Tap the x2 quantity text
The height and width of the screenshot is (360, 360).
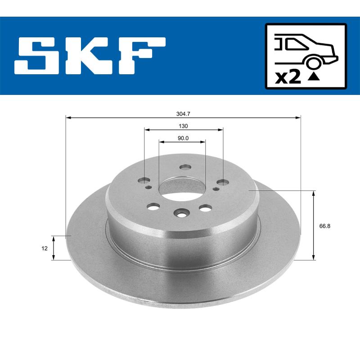pyautogui.click(x=288, y=77)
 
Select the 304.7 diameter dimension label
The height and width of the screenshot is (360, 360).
pyautogui.click(x=183, y=114)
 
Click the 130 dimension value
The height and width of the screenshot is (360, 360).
pyautogui.click(x=183, y=126)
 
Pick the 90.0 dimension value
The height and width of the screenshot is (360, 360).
pyautogui.click(x=183, y=138)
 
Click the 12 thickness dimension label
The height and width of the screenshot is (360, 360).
pyautogui.click(x=45, y=247)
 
